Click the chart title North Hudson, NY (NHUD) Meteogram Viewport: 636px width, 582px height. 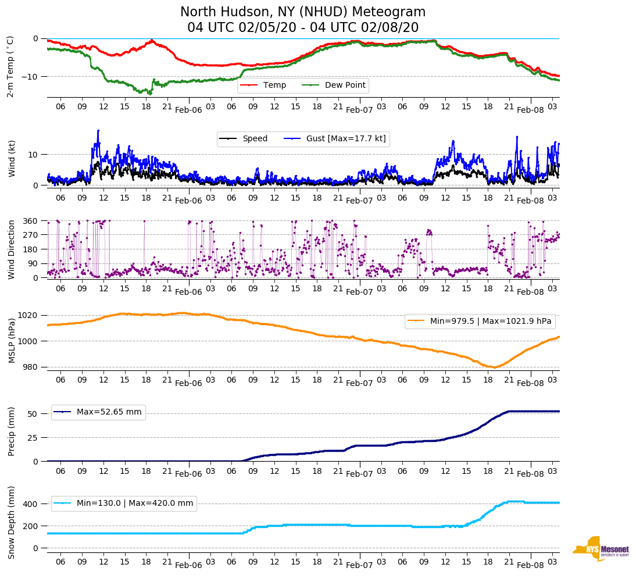pyautogui.click(x=302, y=12)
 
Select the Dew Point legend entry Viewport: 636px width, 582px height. pyautogui.click(x=345, y=85)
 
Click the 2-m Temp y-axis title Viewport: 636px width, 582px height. pyautogui.click(x=10, y=66)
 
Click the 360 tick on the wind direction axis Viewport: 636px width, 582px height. pyautogui.click(x=30, y=221)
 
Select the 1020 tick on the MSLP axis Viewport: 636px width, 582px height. pyautogui.click(x=28, y=315)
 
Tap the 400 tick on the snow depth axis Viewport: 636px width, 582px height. pyautogui.click(x=30, y=504)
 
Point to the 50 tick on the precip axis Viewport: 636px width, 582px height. pyautogui.click(x=33, y=414)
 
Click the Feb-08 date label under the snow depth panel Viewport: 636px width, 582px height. pyautogui.click(x=530, y=565)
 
